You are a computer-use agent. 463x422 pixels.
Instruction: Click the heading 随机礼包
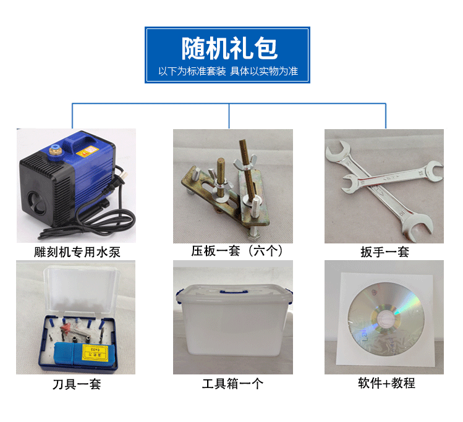point(229,48)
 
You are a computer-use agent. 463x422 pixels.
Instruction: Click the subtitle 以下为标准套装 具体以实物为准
point(228,71)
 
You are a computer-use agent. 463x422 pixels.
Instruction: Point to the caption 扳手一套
point(384,252)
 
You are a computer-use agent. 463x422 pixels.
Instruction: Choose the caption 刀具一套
point(76,384)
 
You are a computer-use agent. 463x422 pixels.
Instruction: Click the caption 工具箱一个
point(232,384)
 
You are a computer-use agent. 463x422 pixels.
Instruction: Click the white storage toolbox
point(232,327)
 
